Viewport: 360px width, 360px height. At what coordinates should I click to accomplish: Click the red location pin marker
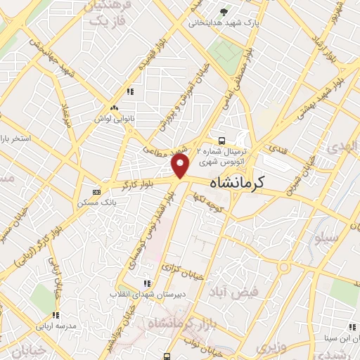click(x=181, y=167)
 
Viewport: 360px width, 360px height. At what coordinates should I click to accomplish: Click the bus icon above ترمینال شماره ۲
click(x=222, y=140)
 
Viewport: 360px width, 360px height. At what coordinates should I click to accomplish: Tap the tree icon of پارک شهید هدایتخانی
click(x=224, y=11)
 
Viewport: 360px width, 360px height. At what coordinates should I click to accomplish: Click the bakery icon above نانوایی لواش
click(x=114, y=108)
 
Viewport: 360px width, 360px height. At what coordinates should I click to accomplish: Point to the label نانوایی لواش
click(x=114, y=118)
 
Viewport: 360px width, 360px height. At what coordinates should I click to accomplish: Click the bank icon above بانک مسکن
click(x=97, y=191)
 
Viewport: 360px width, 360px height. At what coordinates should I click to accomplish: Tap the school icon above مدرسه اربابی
click(x=56, y=314)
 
